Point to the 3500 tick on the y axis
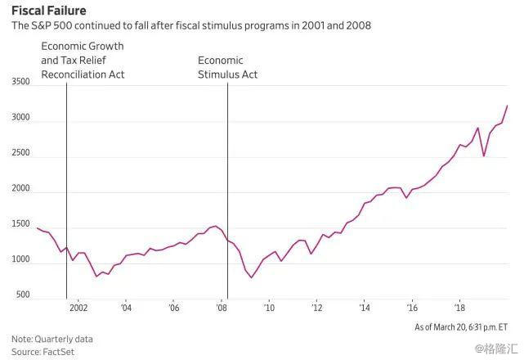point(20,82)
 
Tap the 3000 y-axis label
point(20,118)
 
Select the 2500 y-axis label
point(20,153)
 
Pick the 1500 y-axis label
point(20,224)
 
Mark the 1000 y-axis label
point(20,260)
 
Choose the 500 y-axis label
point(23,295)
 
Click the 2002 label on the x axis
point(78,308)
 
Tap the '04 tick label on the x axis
point(126,308)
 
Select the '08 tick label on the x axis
point(222,308)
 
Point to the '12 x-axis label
point(317,308)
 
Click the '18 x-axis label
point(459,308)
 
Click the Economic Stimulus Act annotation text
point(228,67)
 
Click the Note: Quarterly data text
point(52,338)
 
